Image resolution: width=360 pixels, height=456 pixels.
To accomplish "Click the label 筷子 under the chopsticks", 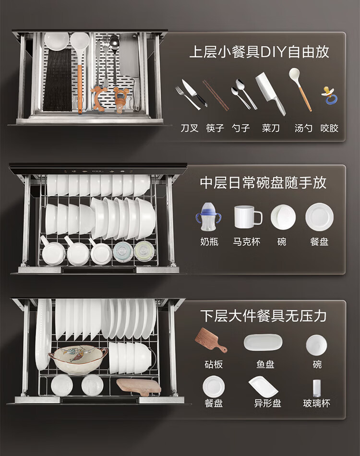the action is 215,128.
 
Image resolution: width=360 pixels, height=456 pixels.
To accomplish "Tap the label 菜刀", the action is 270,128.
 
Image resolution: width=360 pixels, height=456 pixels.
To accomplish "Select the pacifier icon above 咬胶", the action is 329,96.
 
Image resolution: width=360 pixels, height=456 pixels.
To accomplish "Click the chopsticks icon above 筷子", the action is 216,95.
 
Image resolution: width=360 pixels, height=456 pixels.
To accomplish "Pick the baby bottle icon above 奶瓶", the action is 208,217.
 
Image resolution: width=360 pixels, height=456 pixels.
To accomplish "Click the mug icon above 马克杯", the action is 248,217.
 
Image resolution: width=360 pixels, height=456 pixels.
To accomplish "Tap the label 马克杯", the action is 247,241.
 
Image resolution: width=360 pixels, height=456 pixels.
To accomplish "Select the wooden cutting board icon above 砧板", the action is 211,340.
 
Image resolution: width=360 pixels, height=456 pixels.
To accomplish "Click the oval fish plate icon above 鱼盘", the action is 263,342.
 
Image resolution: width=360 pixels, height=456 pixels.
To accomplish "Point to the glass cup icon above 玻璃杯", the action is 317,388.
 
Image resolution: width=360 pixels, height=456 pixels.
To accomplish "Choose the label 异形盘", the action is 267,403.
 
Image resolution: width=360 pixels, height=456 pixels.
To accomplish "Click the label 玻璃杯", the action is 317,403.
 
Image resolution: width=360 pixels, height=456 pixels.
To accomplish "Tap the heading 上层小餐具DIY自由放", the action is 259,52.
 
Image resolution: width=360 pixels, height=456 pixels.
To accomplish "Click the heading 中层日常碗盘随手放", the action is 263,182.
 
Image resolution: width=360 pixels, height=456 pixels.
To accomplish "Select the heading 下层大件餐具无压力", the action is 263,316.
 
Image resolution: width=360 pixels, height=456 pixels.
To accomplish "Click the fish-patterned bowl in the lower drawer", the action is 78,360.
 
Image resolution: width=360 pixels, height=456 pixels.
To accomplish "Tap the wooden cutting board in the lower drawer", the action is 139,387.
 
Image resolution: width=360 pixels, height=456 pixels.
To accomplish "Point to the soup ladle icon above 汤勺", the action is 300,89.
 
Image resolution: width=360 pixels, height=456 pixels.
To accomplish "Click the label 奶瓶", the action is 209,241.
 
